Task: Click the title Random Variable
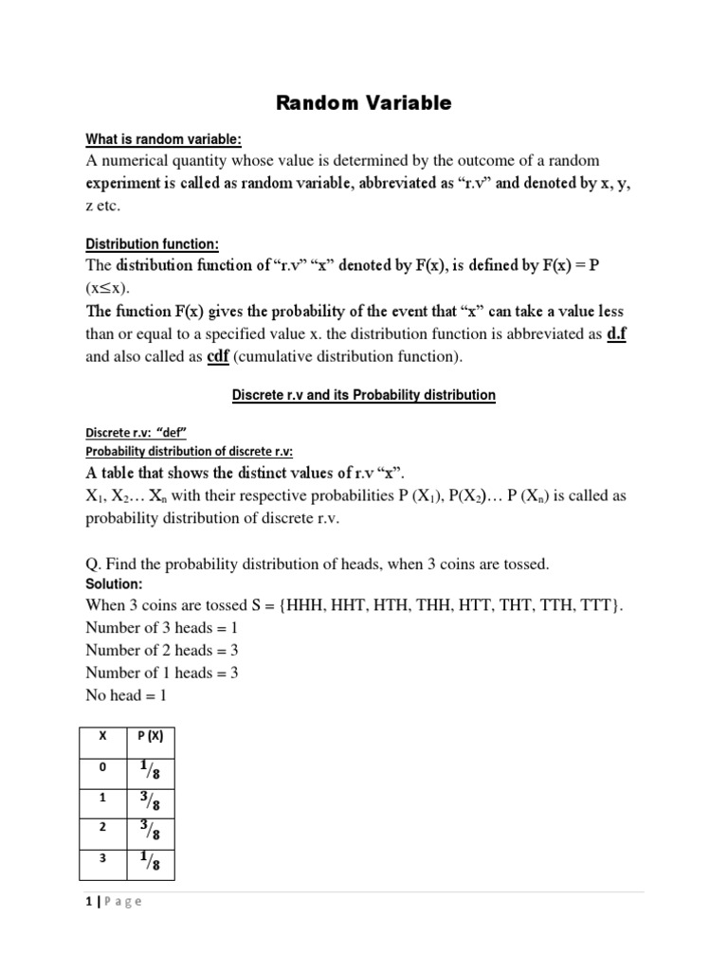(x=364, y=103)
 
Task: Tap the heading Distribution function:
(x=153, y=244)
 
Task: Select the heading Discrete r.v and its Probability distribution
(x=364, y=394)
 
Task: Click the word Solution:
(x=114, y=584)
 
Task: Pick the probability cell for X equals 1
(x=150, y=801)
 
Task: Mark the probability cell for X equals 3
(x=150, y=864)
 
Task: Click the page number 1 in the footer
(x=88, y=902)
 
